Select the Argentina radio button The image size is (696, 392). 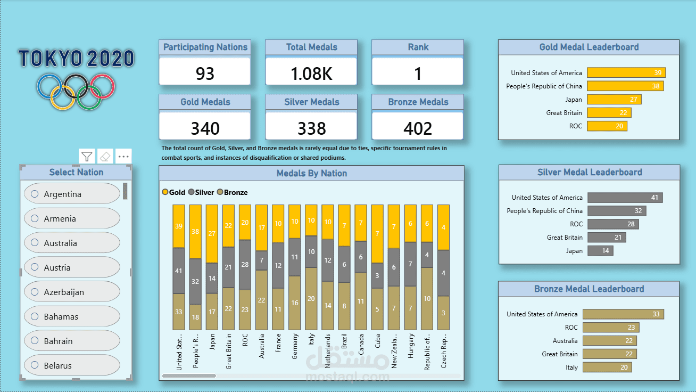click(x=35, y=194)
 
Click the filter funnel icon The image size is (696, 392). click(x=87, y=157)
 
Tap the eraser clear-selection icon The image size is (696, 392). click(x=105, y=157)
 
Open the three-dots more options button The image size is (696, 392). click(x=123, y=157)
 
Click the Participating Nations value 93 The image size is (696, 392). click(x=205, y=73)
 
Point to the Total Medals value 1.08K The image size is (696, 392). click(x=311, y=73)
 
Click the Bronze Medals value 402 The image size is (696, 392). click(x=418, y=128)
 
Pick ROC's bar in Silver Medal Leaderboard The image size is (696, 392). click(x=613, y=224)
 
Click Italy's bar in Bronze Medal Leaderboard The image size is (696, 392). click(x=607, y=367)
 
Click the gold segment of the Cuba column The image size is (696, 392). click(x=377, y=234)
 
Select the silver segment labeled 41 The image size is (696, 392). click(x=179, y=271)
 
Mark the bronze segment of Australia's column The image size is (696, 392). click(x=261, y=300)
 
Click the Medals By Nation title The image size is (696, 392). click(x=311, y=173)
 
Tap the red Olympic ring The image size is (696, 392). click(x=102, y=85)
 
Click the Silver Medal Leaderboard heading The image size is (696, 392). click(x=589, y=173)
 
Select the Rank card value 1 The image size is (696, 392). click(x=418, y=73)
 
